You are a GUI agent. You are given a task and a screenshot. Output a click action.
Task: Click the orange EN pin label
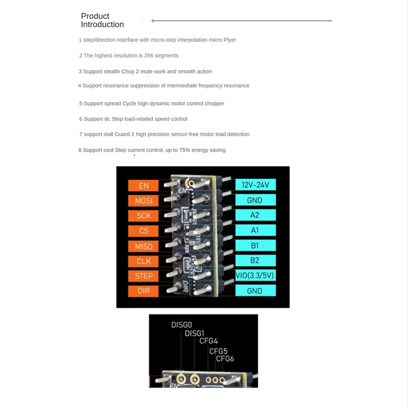144,186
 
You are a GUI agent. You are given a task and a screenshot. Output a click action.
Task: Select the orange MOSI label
144,200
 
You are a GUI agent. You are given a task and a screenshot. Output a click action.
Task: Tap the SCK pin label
144,216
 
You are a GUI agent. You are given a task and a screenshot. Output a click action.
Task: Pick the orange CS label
144,231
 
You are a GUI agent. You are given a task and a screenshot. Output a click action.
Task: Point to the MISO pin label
144,246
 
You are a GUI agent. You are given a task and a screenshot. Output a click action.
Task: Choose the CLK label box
144,261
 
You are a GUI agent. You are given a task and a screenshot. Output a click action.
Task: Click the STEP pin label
144,276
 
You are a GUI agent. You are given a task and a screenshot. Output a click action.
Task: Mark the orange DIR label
144,291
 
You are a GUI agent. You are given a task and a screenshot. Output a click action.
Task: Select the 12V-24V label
255,185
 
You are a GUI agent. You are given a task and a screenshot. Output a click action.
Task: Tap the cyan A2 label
255,215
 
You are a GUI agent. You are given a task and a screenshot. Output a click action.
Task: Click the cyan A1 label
255,230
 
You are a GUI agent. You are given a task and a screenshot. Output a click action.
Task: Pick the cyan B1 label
255,245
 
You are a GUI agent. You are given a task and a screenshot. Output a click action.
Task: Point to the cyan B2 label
255,261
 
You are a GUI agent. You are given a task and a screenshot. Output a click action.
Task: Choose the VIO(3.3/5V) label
255,276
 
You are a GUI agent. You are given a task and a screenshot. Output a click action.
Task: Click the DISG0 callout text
181,324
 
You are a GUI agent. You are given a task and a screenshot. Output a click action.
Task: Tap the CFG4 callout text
209,341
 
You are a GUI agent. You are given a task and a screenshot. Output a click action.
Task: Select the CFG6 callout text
225,359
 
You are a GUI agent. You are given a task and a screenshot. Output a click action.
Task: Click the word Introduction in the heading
103,24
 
